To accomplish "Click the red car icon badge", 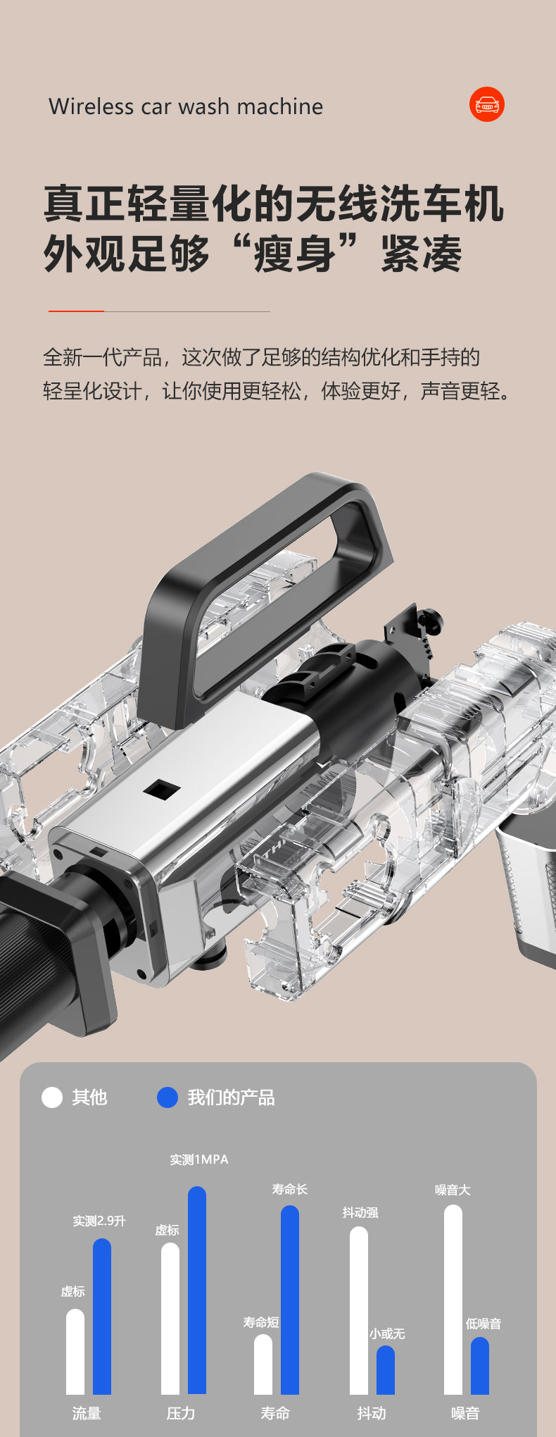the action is coord(487,104).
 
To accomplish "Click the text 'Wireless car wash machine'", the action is coord(186,106).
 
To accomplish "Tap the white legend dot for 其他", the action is coord(52,1097).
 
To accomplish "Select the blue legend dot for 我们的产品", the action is coord(168,1097).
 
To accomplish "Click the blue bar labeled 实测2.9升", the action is coord(102,1317).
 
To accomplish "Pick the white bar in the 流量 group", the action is coord(75,1352).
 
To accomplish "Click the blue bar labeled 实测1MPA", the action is coord(197,1290).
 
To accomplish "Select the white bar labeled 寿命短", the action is coord(263,1364).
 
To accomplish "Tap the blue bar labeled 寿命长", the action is coord(290,1300).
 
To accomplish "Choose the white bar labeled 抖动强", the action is coord(359,1310).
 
